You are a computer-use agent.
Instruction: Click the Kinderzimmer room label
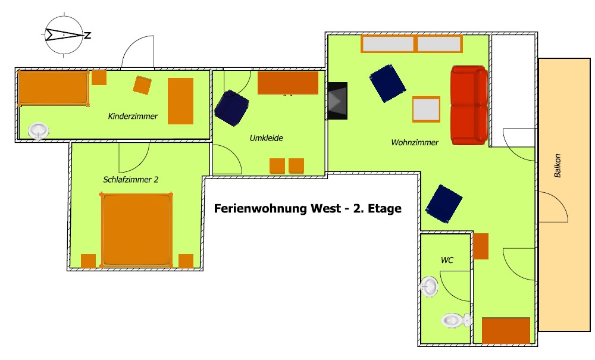click(x=133, y=116)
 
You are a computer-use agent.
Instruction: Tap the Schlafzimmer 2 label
click(x=130, y=180)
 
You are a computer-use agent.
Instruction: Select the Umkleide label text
click(x=267, y=138)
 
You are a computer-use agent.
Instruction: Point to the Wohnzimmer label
click(x=415, y=142)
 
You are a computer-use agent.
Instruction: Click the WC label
click(x=447, y=260)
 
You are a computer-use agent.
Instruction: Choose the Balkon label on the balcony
click(x=558, y=165)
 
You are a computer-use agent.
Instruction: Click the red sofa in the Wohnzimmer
click(x=469, y=105)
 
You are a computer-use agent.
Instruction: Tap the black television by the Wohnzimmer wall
click(x=337, y=101)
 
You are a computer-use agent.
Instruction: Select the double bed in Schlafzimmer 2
click(x=136, y=230)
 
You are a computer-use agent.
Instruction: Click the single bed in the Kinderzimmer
click(x=54, y=88)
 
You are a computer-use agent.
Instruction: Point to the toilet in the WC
click(x=456, y=321)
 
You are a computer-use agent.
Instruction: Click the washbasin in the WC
click(x=429, y=286)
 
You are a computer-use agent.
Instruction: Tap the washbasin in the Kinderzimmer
click(x=38, y=132)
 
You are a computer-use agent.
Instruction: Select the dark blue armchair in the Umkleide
click(x=231, y=108)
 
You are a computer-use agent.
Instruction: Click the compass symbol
click(x=64, y=35)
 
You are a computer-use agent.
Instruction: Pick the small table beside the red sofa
click(x=426, y=109)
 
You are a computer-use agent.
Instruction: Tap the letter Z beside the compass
click(x=87, y=36)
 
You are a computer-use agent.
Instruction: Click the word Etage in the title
click(x=384, y=209)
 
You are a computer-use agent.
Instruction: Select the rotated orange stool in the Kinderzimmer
click(x=142, y=85)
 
